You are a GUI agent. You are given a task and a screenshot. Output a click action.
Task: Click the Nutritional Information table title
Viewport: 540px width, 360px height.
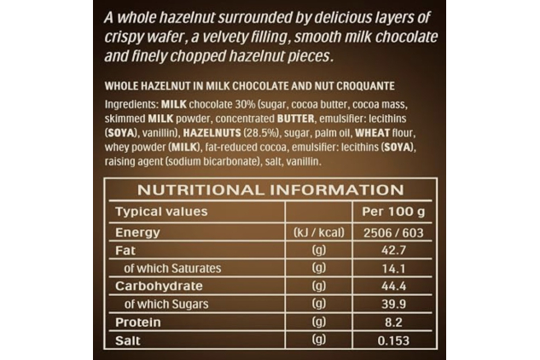pos(270,190)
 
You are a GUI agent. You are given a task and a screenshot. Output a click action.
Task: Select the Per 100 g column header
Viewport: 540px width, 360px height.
pos(393,212)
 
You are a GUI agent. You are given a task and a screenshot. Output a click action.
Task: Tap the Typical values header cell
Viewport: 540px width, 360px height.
pos(161,212)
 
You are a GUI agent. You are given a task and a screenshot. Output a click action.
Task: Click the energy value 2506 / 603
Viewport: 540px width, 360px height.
pos(393,233)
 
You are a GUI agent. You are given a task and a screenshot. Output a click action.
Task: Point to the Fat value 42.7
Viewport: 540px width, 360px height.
pos(393,251)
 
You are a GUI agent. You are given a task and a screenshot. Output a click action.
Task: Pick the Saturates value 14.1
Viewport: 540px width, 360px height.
pos(393,269)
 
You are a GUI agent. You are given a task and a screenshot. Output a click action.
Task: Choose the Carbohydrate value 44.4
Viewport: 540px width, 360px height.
pos(393,287)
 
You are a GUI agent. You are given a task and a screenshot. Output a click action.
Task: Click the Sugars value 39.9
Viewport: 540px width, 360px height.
pos(393,305)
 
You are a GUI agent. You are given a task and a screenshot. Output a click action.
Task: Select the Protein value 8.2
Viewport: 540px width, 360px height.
pos(393,322)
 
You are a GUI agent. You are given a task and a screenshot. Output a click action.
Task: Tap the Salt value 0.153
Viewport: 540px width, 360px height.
pos(393,340)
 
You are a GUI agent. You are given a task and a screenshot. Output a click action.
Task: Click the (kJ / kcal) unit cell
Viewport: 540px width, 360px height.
pos(318,233)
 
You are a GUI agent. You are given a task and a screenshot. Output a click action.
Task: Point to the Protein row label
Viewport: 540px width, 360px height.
pos(137,322)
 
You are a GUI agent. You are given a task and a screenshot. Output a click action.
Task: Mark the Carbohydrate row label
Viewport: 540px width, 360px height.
pos(159,287)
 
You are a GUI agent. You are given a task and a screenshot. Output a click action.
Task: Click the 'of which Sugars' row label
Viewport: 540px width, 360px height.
pos(166,305)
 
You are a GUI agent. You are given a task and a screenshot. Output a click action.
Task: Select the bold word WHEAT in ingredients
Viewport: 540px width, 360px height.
pos(372,132)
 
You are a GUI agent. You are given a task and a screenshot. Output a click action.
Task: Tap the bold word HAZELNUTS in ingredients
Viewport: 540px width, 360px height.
pos(212,132)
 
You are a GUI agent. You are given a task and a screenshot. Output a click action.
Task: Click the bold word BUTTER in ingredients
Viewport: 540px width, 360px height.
pos(295,119)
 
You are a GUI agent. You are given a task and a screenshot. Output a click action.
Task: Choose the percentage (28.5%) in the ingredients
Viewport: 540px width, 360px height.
pos(261,133)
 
